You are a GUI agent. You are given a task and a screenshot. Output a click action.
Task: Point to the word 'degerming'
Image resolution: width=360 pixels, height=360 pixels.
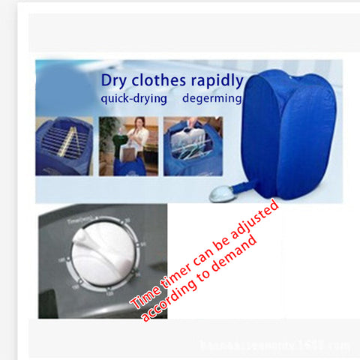215,99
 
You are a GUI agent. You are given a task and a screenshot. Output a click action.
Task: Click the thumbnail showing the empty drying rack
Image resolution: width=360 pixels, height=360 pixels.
64,146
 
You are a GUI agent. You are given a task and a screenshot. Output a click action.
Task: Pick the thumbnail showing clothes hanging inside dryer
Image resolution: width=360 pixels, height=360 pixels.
193,146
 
